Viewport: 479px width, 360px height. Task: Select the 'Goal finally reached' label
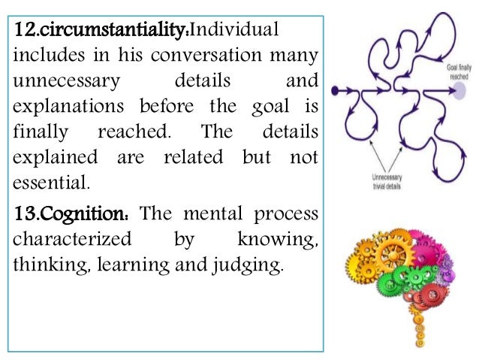(459, 71)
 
